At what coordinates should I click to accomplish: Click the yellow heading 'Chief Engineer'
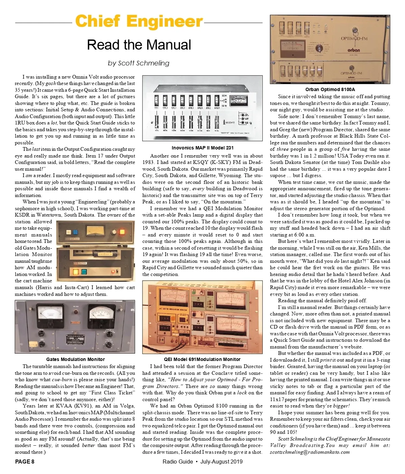coord(139,22)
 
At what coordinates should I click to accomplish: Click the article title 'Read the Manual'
coord(139,45)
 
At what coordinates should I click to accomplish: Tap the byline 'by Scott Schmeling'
coord(139,63)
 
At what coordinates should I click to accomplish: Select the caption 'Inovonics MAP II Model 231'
coord(202,148)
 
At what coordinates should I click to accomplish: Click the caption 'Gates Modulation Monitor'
coord(75,359)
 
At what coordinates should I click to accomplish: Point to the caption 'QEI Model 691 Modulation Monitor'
coord(202,359)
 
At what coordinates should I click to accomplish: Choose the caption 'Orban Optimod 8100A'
coord(330,89)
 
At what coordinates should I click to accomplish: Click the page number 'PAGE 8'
coord(25,462)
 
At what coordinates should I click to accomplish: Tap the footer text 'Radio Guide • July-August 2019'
coord(202,462)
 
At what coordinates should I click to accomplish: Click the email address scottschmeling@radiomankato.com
coord(309,452)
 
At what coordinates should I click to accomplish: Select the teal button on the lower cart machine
coord(83,272)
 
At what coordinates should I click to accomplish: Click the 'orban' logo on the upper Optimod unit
coord(354,50)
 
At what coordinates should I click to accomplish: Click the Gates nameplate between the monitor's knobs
coord(75,338)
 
